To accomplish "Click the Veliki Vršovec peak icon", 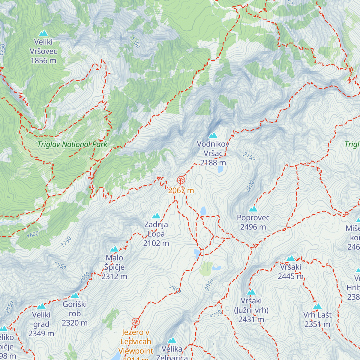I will (43, 33).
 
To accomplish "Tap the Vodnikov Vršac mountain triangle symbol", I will (213, 135).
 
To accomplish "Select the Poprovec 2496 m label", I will (253, 222).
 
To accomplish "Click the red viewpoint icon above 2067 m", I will (181, 180).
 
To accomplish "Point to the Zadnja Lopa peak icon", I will (156, 216).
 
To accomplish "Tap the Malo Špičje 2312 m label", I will (114, 267).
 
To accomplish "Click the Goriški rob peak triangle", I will (75, 295).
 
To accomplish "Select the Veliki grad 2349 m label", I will (41, 324).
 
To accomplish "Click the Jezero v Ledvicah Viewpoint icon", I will (136, 322).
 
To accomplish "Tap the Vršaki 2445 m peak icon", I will (291, 258).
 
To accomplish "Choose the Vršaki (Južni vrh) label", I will (251, 310).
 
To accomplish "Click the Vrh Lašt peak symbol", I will (317, 306).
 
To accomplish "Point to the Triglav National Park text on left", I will (72, 144).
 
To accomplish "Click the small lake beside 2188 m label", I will (220, 169).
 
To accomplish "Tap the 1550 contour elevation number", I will (135, 42).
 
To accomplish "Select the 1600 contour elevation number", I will (33, 235).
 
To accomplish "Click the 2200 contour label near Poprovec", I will (250, 186).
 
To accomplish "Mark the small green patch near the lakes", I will (206, 269).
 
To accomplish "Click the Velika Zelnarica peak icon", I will (172, 340).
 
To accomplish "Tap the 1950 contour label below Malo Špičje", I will (60, 265).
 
